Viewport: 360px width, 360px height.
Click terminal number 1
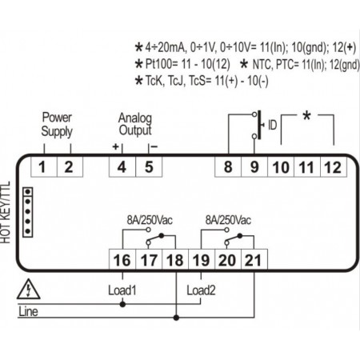tap(42, 167)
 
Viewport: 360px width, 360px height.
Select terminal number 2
tap(69, 167)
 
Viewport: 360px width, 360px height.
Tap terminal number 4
tap(122, 167)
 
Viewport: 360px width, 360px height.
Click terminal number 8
tap(228, 167)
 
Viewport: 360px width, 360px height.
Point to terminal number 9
tap(254, 167)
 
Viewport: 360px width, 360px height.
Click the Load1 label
tap(122, 289)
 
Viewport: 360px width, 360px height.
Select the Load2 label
tap(201, 289)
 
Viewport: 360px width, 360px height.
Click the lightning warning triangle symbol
tap(30, 289)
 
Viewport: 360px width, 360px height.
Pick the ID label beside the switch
tap(272, 126)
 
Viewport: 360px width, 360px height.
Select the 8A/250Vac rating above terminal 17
tap(148, 218)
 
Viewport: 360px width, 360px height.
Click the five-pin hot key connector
tap(28, 212)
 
